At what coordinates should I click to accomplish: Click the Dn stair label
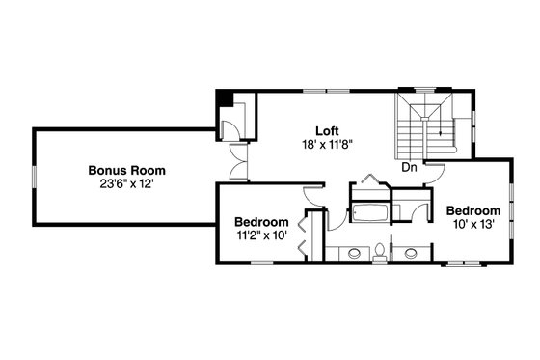[x=410, y=166]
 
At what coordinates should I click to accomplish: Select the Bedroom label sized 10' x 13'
[x=472, y=210]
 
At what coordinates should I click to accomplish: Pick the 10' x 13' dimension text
[x=472, y=224]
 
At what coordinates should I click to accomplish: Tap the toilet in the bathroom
[x=381, y=253]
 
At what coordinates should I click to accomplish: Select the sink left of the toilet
[x=354, y=254]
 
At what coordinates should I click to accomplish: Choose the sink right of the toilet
[x=412, y=254]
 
